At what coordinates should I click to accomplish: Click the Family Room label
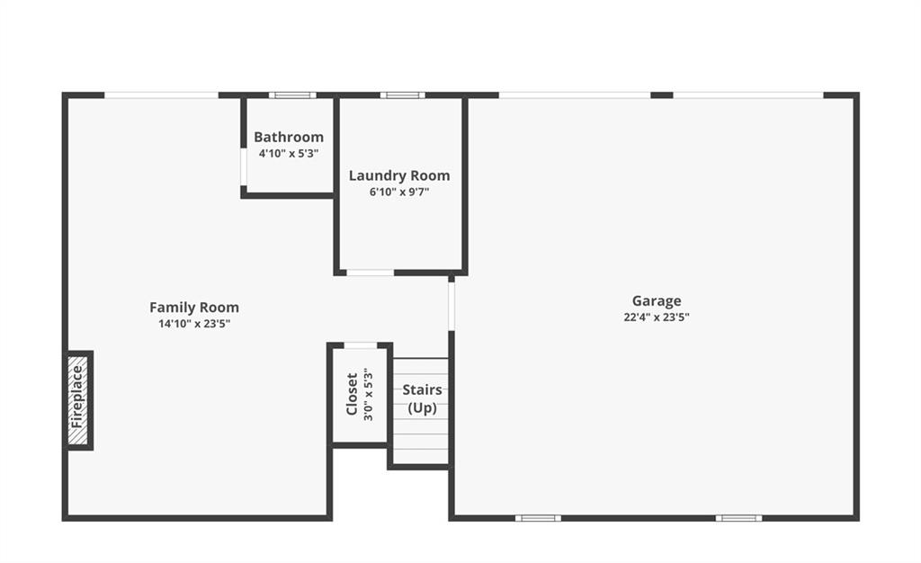194,307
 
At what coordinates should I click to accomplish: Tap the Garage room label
657,300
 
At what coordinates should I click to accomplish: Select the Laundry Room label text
399,175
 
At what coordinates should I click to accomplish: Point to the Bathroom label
289,137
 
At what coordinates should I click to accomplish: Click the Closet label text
352,394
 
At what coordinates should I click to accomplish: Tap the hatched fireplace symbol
78,401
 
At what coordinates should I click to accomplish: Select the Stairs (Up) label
423,398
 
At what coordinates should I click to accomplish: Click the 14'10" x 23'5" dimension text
194,324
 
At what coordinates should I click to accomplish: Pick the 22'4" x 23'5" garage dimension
657,317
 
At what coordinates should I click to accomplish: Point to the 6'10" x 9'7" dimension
399,192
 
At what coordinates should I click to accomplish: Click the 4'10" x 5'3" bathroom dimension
289,154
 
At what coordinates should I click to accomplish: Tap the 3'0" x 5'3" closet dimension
368,395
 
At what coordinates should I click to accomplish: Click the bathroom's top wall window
292,95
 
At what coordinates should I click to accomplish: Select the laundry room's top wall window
402,95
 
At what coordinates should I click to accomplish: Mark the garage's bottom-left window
538,518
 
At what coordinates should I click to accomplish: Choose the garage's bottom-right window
739,518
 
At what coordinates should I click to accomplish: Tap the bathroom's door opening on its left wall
243,167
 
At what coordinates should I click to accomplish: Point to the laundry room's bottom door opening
370,273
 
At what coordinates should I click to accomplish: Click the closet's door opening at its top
360,345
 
